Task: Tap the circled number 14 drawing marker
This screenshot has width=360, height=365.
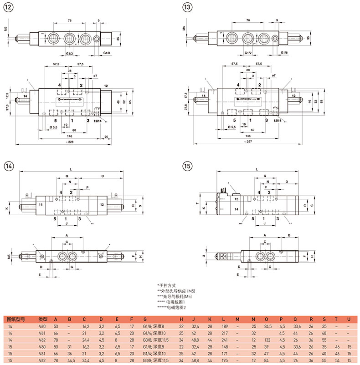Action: pyautogui.click(x=9, y=166)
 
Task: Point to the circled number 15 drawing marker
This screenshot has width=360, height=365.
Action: pyautogui.click(x=186, y=166)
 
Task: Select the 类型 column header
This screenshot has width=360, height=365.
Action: pyautogui.click(x=43, y=319)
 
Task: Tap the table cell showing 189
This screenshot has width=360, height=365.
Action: pyautogui.click(x=224, y=326)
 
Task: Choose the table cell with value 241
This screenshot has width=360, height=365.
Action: pyautogui.click(x=224, y=340)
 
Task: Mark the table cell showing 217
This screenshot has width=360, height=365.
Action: pyautogui.click(x=224, y=333)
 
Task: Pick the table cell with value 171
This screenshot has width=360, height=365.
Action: pyautogui.click(x=224, y=353)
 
